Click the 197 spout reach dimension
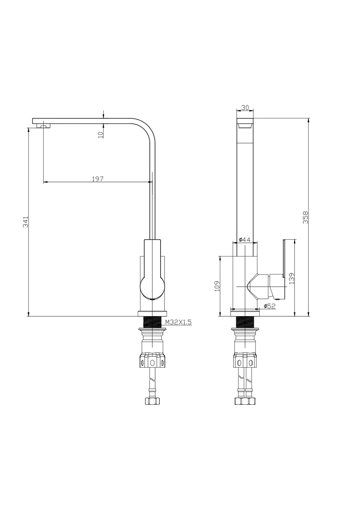(x=98, y=179)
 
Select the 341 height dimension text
(x=25, y=222)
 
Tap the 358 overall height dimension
(x=305, y=218)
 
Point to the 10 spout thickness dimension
(x=100, y=134)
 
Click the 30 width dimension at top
(x=245, y=107)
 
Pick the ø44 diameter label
(x=244, y=240)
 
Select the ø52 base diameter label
(x=269, y=306)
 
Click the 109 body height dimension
(x=217, y=286)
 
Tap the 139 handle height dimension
(x=292, y=278)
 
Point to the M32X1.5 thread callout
(x=178, y=323)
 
